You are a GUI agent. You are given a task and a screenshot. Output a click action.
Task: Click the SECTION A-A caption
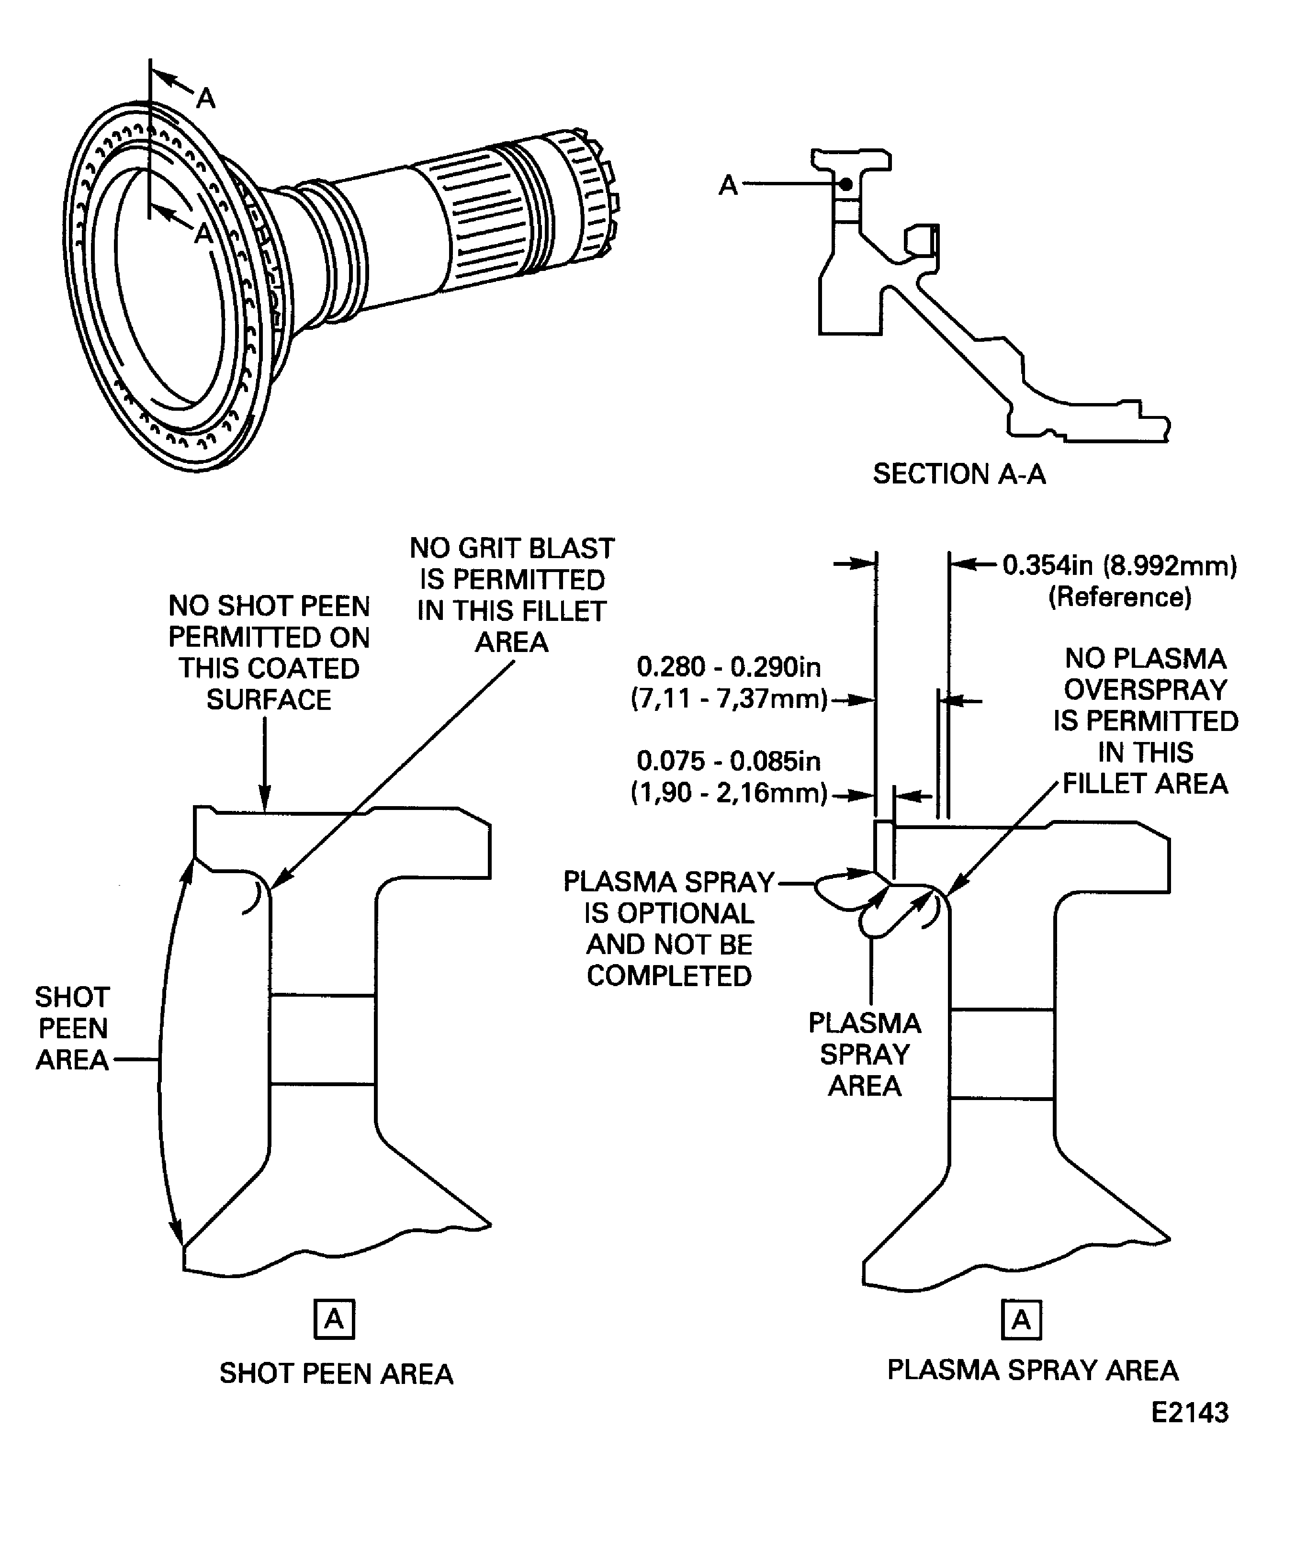point(959,474)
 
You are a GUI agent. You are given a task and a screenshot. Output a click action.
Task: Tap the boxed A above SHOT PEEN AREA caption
point(334,1319)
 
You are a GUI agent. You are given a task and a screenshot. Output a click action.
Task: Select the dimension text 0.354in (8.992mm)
point(1119,565)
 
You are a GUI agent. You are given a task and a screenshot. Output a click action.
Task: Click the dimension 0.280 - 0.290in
point(728,667)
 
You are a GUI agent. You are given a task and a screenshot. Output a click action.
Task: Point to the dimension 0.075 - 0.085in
point(728,762)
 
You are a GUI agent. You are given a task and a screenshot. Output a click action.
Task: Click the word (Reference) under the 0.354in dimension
point(1119,597)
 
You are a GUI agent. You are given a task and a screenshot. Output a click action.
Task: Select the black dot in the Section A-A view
point(846,184)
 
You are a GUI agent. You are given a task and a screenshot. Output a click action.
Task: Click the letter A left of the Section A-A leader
point(728,185)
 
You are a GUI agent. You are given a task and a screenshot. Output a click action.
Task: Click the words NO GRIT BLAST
point(512,548)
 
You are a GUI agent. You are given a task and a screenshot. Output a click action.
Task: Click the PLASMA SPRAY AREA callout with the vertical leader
point(864,1054)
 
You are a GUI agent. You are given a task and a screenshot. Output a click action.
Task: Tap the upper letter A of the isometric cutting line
point(206,98)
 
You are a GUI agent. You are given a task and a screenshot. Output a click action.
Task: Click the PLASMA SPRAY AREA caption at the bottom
point(1033,1370)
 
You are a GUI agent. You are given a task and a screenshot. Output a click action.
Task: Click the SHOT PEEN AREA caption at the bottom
point(336,1373)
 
